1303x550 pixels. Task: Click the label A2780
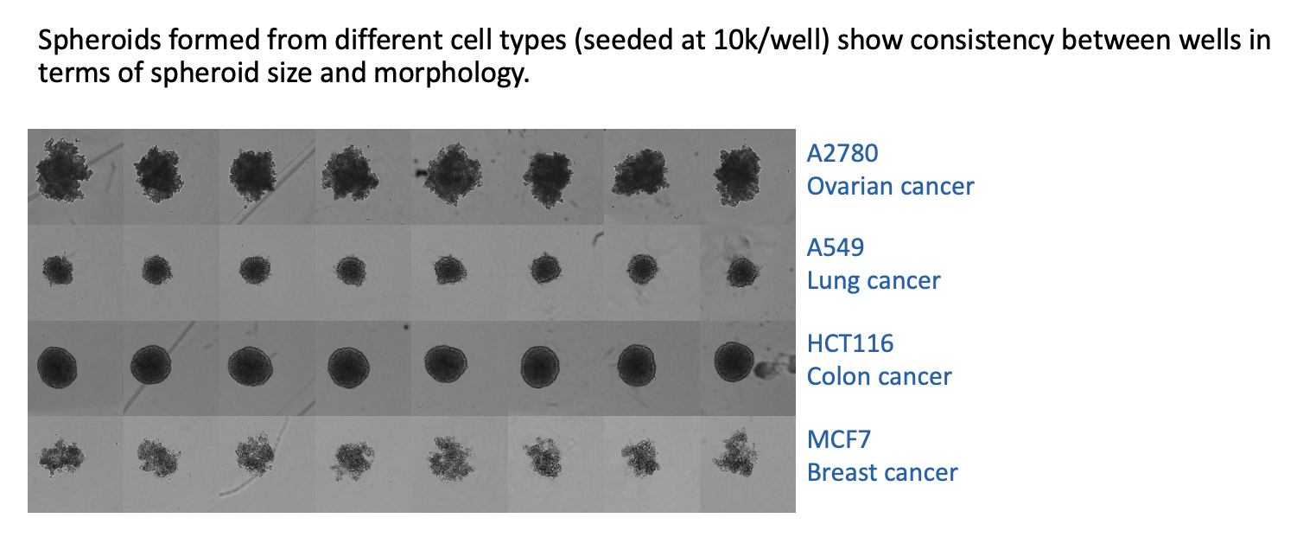(842, 153)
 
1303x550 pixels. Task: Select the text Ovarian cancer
(890, 186)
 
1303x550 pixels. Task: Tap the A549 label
(836, 248)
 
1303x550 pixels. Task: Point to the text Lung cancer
(873, 281)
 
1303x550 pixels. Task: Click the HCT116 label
(850, 343)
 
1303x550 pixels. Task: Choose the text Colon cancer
(879, 376)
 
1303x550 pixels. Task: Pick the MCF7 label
(839, 439)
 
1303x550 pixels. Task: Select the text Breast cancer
(882, 472)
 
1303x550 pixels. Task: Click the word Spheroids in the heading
(99, 42)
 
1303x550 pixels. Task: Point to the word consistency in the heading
(982, 42)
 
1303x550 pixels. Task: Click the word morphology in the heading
(451, 74)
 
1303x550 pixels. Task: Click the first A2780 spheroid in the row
(63, 169)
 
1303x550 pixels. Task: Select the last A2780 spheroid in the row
(737, 174)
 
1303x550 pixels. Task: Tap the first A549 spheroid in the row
(58, 270)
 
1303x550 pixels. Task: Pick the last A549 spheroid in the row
(742, 272)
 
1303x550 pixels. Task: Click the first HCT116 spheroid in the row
(57, 368)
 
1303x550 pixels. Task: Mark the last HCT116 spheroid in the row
(734, 361)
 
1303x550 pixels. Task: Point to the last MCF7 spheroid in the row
(736, 453)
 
